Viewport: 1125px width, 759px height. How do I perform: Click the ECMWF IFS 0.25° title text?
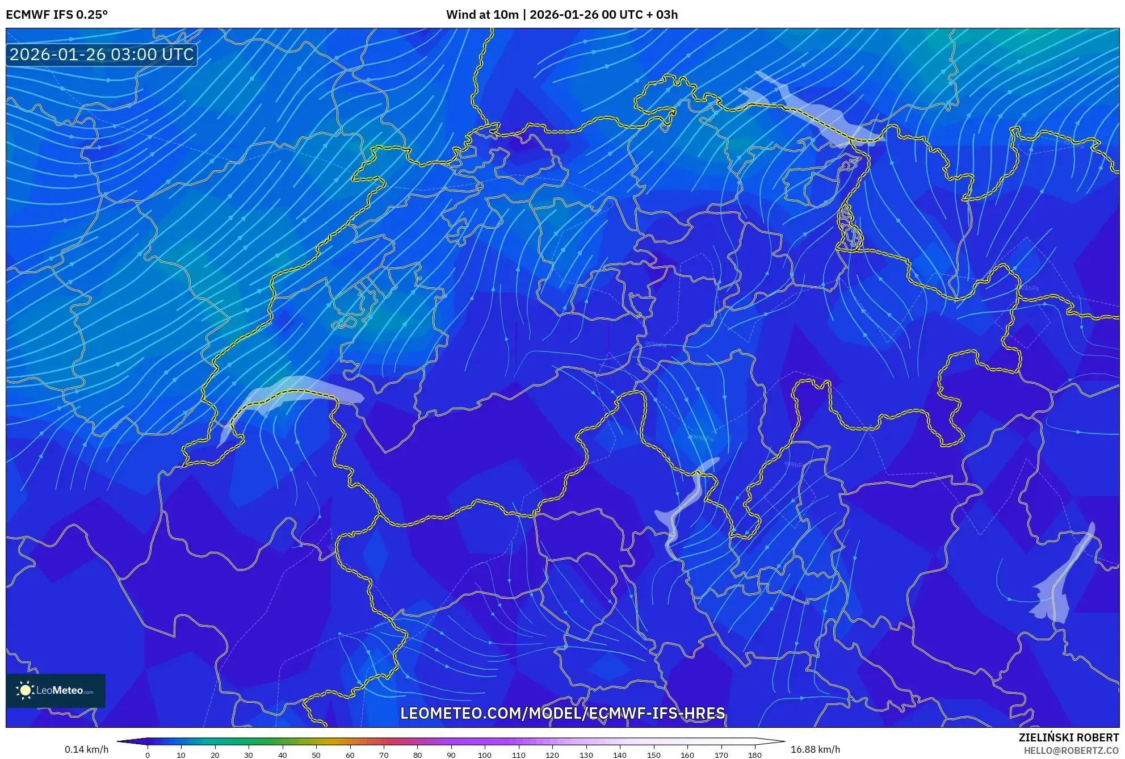pyautogui.click(x=57, y=15)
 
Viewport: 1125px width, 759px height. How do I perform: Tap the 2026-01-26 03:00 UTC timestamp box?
pyautogui.click(x=102, y=54)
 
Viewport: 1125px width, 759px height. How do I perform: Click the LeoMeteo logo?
pyautogui.click(x=56, y=690)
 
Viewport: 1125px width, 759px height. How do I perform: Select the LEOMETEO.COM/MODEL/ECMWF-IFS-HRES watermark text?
pyautogui.click(x=562, y=713)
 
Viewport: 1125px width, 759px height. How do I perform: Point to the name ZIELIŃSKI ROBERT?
pyautogui.click(x=1068, y=737)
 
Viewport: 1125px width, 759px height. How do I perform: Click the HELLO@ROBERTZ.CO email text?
pyautogui.click(x=1071, y=750)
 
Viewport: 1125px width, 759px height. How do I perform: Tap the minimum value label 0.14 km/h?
pyautogui.click(x=86, y=749)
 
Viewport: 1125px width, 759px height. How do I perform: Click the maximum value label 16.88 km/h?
pyautogui.click(x=815, y=749)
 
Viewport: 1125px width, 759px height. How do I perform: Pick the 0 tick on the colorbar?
pyautogui.click(x=148, y=754)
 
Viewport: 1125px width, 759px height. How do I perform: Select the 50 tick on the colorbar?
pyautogui.click(x=316, y=754)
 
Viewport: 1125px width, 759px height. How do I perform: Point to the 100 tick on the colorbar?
pyautogui.click(x=484, y=754)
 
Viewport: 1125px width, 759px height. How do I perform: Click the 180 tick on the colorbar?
pyautogui.click(x=754, y=754)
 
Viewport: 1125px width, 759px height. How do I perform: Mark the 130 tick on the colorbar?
pyautogui.click(x=586, y=754)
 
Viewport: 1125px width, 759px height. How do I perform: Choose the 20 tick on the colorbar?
pyautogui.click(x=215, y=754)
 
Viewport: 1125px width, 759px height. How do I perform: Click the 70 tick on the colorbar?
pyautogui.click(x=384, y=754)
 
